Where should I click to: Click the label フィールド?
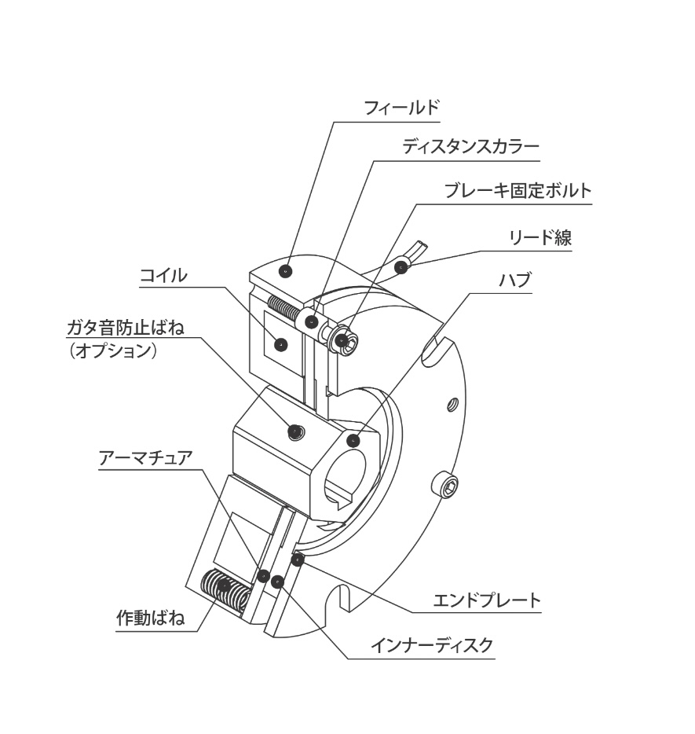402,108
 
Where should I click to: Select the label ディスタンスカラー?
471,147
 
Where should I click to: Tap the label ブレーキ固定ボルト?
518,190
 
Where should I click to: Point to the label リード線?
540,238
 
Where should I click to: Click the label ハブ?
514,280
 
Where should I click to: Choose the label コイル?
163,275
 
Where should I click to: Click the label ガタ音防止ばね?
126,328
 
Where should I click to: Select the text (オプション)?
112,351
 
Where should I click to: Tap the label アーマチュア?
146,458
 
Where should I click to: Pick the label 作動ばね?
150,618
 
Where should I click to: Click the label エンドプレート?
487,600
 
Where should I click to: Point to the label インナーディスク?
432,645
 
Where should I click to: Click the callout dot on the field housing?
284,271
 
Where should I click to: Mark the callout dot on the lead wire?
401,268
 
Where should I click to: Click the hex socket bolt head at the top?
346,341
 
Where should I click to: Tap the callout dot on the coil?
280,345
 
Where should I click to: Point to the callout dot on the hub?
353,441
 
